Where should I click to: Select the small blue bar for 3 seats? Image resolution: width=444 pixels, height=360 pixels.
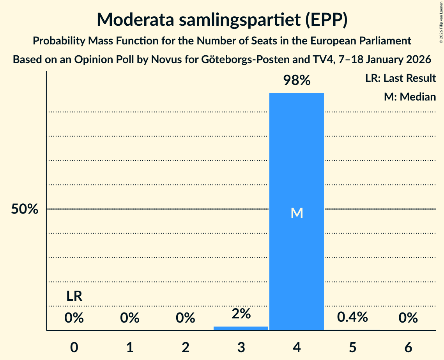pos(241,328)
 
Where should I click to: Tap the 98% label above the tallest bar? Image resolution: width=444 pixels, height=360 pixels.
pos(297,81)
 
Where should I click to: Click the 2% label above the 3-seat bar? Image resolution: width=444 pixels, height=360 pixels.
pos(241,313)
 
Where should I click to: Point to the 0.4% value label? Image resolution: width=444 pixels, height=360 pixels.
pos(352,317)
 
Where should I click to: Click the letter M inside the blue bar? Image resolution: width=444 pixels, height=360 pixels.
pos(297,213)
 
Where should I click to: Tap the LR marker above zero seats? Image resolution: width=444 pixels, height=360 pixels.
pos(74,296)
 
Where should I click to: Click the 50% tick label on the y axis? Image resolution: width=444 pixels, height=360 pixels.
pos(25,209)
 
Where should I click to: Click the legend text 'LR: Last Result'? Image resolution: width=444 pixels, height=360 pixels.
pos(400,78)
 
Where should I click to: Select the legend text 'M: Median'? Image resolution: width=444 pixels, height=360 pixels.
pos(410,97)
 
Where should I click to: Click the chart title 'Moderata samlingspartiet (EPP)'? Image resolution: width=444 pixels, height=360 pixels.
pos(222,19)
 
